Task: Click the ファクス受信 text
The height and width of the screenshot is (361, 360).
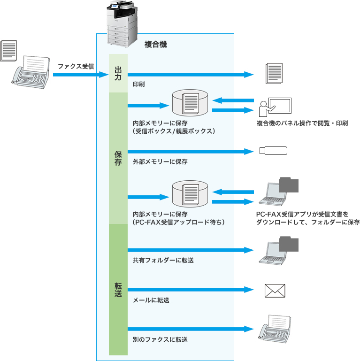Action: click(76, 66)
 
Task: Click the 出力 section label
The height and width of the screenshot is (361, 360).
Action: click(118, 74)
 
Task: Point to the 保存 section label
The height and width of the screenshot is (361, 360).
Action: click(118, 158)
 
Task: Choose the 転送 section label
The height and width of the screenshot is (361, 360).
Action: click(118, 289)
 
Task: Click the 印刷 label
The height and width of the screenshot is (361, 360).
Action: click(138, 85)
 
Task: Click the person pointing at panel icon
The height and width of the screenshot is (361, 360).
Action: click(274, 107)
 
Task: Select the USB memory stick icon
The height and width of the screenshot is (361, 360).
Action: click(273, 151)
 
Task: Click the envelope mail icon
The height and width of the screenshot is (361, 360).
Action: click(275, 291)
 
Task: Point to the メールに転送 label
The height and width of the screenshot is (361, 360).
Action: click(151, 300)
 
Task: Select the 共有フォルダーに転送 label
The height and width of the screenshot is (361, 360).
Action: click(163, 260)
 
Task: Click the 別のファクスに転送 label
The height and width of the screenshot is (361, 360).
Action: click(160, 338)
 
